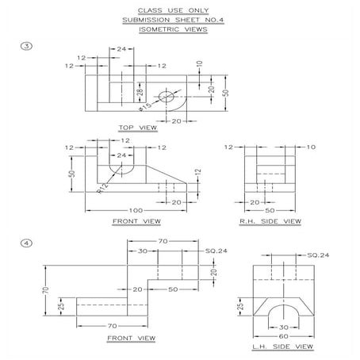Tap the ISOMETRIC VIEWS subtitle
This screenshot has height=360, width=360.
tap(172, 29)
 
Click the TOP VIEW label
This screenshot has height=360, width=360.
tap(137, 127)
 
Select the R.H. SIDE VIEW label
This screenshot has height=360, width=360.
tap(270, 221)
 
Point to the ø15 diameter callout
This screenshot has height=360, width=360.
tap(148, 105)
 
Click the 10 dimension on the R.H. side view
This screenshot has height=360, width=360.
tap(311, 147)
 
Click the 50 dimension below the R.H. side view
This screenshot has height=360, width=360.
tap(270, 210)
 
